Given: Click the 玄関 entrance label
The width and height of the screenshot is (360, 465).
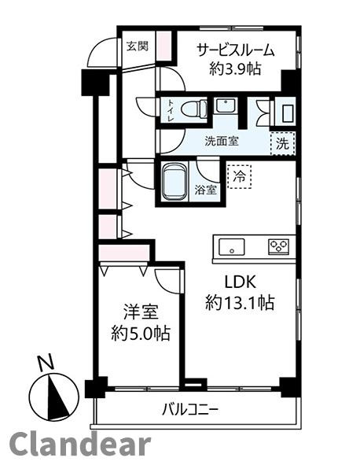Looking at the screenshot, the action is coord(138,46).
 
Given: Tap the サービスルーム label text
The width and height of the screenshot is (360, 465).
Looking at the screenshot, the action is coord(236,50).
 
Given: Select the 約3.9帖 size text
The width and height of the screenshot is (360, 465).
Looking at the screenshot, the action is coord(236,69).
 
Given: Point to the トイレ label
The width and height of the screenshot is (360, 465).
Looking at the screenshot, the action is coord(171,110).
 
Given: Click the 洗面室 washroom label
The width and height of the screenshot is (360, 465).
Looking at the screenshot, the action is coord(222,142).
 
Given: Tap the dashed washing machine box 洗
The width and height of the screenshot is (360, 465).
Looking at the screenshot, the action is coord(283,143).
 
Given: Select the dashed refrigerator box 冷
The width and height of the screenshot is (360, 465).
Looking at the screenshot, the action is coord(240,177).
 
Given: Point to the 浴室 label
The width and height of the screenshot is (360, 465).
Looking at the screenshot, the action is coord(206,190).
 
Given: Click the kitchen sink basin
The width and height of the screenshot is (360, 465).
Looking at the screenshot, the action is coord(232,247).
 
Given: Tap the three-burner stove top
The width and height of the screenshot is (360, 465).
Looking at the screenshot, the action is coord(278,247).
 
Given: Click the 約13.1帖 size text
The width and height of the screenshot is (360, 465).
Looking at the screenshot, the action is coord(240,302).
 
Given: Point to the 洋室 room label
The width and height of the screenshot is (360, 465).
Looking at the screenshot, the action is coord(141,312).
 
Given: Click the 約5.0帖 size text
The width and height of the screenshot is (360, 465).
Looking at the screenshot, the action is coord(141,333).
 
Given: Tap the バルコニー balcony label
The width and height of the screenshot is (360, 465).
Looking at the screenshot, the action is coord(190,410).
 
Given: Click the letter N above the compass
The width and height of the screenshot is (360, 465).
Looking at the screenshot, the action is coord(46,363).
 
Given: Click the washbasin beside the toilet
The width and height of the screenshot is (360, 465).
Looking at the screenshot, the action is coord(225,105).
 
